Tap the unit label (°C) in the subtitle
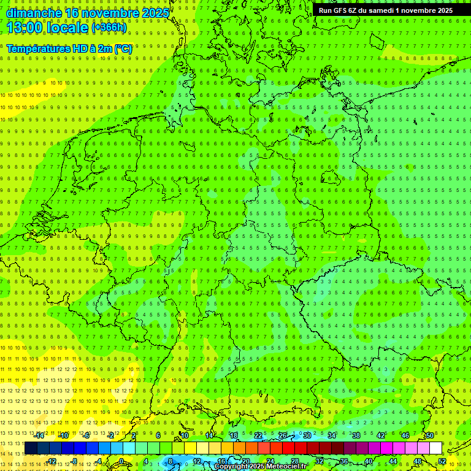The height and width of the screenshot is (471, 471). tap(123, 48)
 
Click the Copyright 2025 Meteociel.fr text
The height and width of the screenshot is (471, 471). tap(260, 467)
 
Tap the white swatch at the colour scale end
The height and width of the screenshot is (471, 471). tap(435, 448)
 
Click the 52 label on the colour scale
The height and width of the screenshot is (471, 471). tap(442, 461)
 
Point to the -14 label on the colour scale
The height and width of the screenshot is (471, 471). tap(39, 435)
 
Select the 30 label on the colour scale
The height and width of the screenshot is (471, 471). tap(307, 435)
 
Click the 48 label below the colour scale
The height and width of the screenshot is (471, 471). tap(417, 461)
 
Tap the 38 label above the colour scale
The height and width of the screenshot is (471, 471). tap(356, 435)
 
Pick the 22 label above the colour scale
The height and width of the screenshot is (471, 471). tap(258, 435)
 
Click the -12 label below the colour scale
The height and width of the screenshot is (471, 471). tap(52, 461)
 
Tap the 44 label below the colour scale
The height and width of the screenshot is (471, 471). tap(392, 461)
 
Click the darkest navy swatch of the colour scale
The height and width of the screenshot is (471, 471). tap(31, 448)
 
